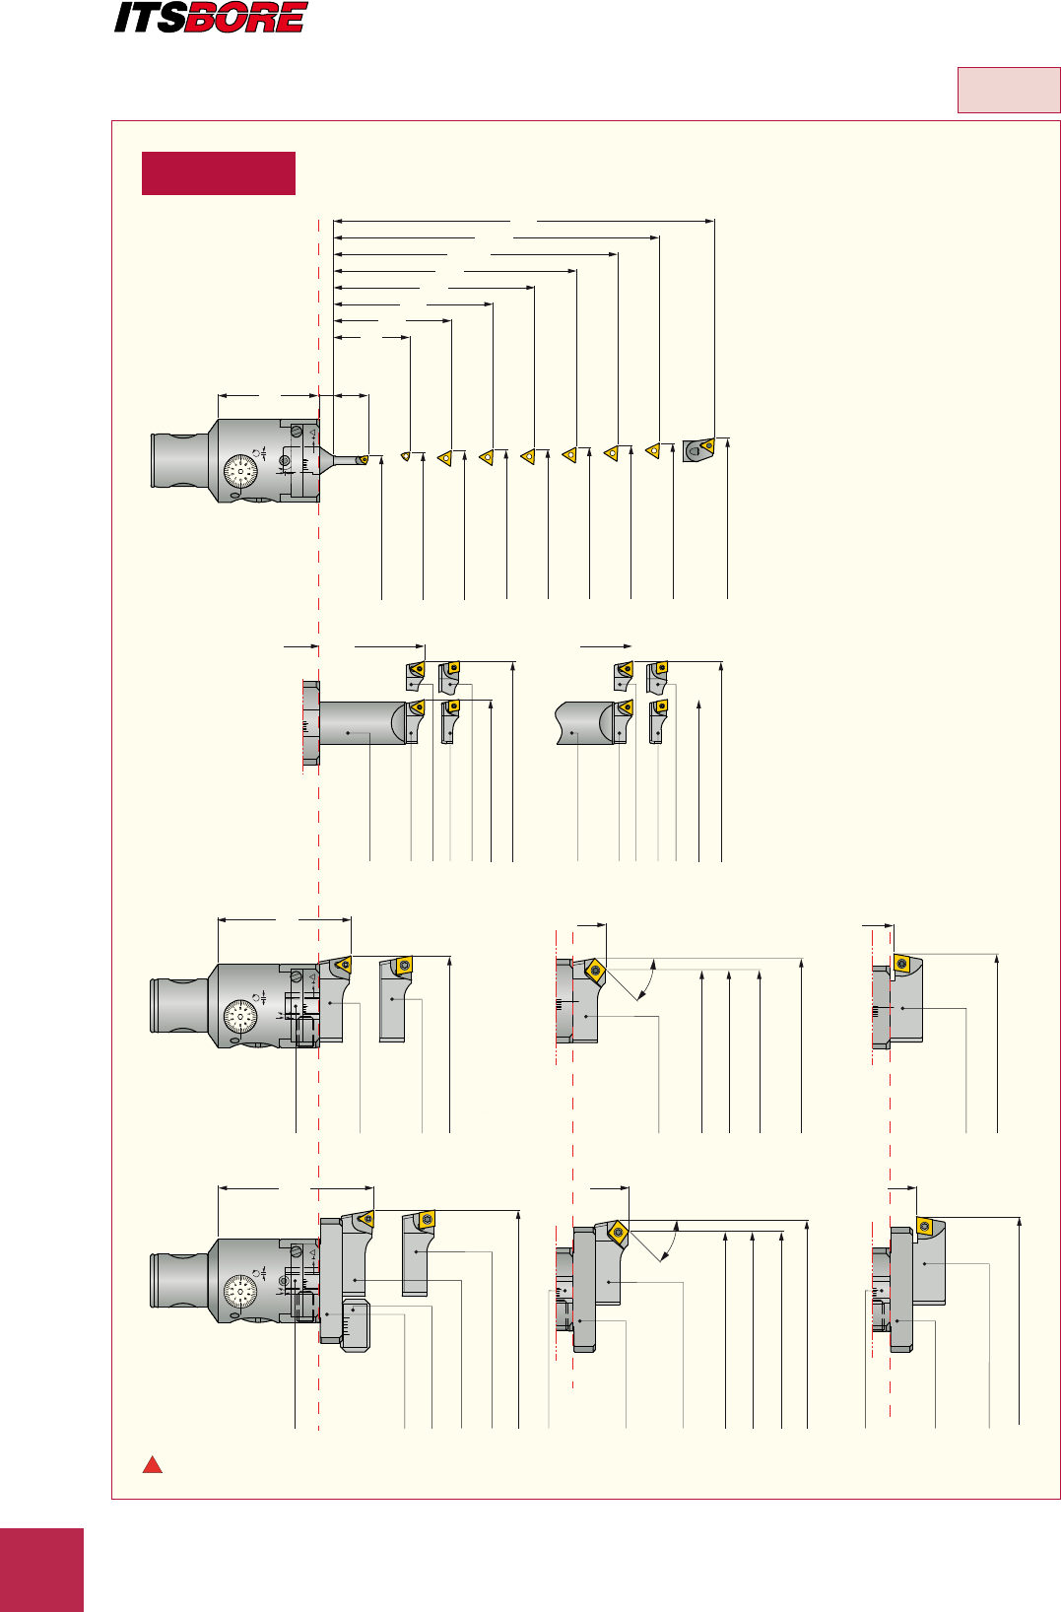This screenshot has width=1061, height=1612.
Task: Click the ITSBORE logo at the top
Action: point(211,18)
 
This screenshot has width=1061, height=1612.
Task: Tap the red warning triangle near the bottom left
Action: point(152,1464)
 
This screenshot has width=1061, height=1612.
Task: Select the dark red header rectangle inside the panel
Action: point(219,173)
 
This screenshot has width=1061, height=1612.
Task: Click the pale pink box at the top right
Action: point(1008,91)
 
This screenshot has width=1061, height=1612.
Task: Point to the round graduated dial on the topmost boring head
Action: point(240,472)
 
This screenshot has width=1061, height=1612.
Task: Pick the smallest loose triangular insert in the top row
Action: point(405,456)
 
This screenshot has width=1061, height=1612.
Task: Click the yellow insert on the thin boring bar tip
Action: point(363,459)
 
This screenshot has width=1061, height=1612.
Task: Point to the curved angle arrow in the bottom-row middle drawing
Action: point(671,1243)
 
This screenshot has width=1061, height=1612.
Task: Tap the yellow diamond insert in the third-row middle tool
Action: point(595,971)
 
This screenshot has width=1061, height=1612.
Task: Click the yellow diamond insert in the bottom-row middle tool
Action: point(618,1232)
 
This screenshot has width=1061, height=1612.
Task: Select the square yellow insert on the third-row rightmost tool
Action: point(900,963)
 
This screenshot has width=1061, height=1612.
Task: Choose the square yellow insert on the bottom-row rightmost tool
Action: point(925,1227)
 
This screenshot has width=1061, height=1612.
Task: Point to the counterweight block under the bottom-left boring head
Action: point(355,1325)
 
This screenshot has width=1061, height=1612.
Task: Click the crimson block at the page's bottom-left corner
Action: point(41,1570)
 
